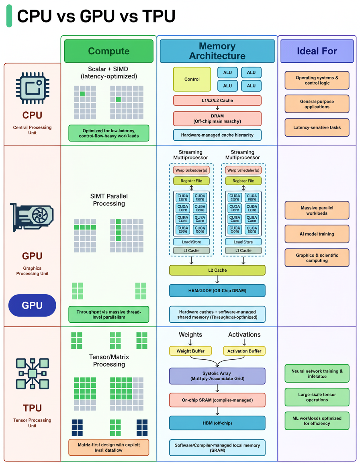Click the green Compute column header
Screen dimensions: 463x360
(108, 51)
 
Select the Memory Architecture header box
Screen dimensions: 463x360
(217, 51)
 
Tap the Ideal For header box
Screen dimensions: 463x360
(317, 51)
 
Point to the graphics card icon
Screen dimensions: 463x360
(32, 217)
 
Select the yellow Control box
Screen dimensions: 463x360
(192, 79)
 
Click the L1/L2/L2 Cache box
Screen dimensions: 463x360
(217, 100)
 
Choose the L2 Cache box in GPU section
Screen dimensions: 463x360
(217, 270)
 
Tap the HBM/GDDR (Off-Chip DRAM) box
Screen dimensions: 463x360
(217, 291)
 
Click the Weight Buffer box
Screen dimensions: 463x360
(190, 351)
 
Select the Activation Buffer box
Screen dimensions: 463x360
(244, 351)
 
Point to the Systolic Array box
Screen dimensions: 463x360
(217, 376)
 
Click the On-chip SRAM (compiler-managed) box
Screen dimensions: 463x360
(217, 400)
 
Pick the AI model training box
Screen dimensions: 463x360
(317, 234)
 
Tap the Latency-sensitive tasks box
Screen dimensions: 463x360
(317, 127)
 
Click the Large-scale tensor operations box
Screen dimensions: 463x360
(317, 397)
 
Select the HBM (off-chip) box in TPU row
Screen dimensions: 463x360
(217, 423)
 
